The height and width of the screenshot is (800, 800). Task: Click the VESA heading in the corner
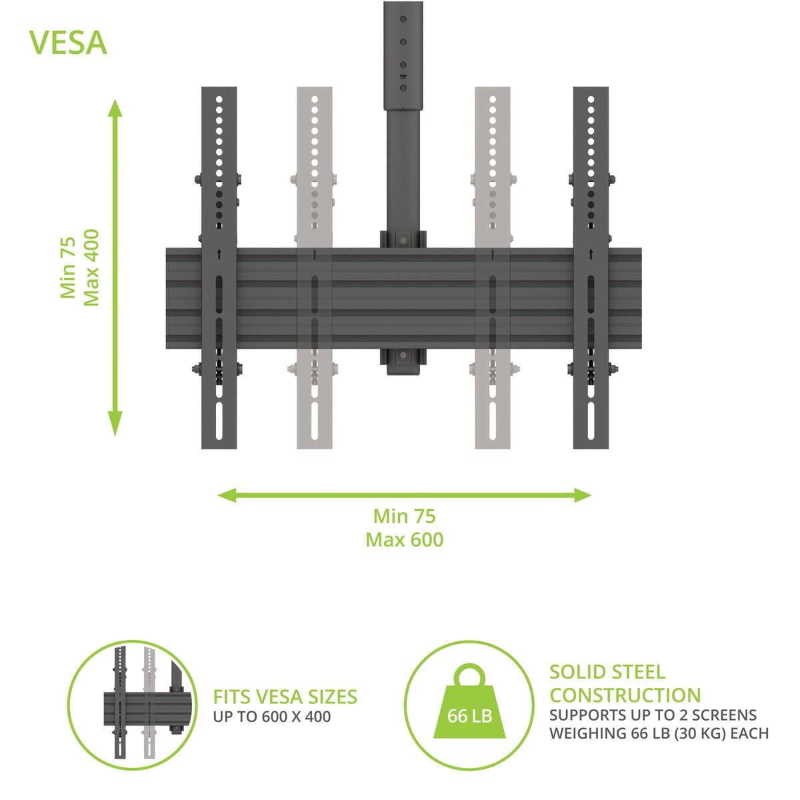pos(68,43)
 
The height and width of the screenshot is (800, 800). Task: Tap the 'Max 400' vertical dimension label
pos(91,268)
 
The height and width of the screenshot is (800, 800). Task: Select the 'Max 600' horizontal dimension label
pos(405,540)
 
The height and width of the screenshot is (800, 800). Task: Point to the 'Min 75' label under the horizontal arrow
pos(405,517)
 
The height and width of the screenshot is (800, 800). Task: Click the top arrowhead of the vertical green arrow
pos(115,109)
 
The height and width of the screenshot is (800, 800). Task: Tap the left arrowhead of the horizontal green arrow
pos(227,495)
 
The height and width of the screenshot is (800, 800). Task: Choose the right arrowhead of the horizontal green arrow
pos(583,495)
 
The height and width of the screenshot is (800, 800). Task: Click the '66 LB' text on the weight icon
pos(469,716)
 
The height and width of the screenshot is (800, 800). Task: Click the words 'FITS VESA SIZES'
pos(285,697)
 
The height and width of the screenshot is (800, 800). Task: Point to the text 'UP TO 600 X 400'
pos(272,717)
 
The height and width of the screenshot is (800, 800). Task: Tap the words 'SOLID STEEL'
pos(607,672)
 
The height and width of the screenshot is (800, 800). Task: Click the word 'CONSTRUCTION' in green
pos(625,695)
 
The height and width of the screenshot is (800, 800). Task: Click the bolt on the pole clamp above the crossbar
pos(402,240)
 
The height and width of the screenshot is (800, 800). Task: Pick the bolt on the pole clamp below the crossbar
pos(402,355)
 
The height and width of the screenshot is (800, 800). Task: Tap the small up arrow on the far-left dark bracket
pos(219,254)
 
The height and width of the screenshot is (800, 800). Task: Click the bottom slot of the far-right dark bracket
pos(591,421)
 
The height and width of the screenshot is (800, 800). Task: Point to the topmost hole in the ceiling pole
pos(403,19)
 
